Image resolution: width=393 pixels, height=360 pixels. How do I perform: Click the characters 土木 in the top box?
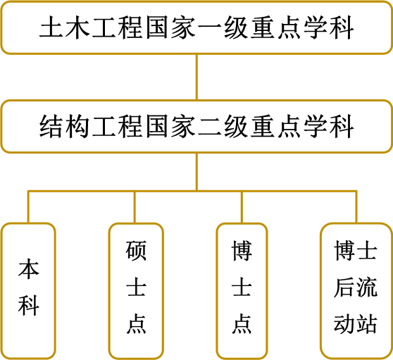pos(65,27)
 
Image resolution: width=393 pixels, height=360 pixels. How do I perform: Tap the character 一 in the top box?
pos(210,27)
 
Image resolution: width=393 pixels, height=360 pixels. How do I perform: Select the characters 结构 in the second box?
pos(65,126)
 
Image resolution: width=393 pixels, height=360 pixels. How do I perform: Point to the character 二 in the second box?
pos(210,127)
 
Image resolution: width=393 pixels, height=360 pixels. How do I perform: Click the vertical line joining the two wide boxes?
pos(196,77)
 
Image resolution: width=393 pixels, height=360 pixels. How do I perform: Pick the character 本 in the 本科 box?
pos(29,269)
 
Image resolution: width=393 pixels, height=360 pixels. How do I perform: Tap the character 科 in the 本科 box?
pos(29,305)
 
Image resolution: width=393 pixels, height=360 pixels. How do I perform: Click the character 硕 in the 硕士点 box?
pos(136,251)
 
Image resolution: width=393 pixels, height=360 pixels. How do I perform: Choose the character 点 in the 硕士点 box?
pos(136,323)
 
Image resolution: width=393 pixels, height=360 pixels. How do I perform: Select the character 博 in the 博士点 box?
pos(242,251)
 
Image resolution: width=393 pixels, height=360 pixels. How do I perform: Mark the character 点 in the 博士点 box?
pos(242,323)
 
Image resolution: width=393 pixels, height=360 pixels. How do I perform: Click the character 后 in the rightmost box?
pos(344,287)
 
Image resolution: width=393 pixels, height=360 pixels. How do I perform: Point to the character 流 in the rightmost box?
pos(366,287)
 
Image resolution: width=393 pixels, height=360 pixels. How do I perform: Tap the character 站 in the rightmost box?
pos(366,323)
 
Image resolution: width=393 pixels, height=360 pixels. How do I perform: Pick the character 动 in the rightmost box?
pos(344,323)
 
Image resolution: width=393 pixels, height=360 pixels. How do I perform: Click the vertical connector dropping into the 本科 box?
pos(28,207)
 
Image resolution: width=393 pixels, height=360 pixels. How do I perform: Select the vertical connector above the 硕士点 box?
pos(135,207)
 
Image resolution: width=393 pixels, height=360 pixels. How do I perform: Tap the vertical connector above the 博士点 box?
pos(242,207)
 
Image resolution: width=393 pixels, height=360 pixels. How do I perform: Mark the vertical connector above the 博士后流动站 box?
pos(356,207)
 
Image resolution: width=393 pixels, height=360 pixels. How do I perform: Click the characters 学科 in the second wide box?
pos(329,126)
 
